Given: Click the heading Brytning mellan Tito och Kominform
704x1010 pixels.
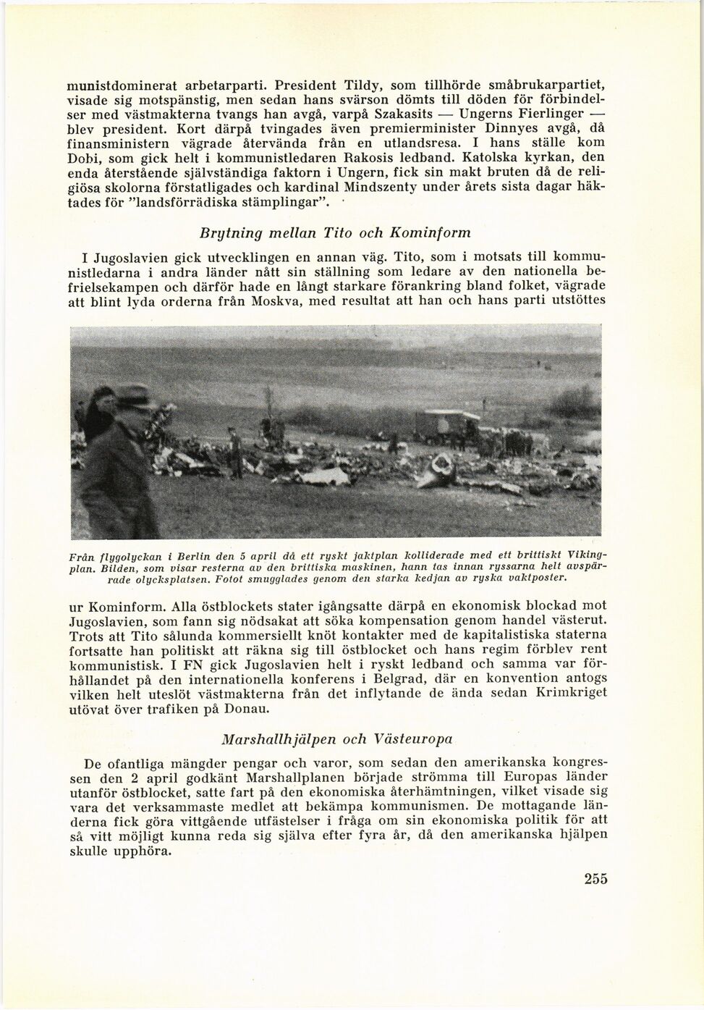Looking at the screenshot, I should click(x=334, y=232).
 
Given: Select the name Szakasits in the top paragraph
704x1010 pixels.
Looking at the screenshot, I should click(x=402, y=114).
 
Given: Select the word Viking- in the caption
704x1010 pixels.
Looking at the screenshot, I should click(x=588, y=554).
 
